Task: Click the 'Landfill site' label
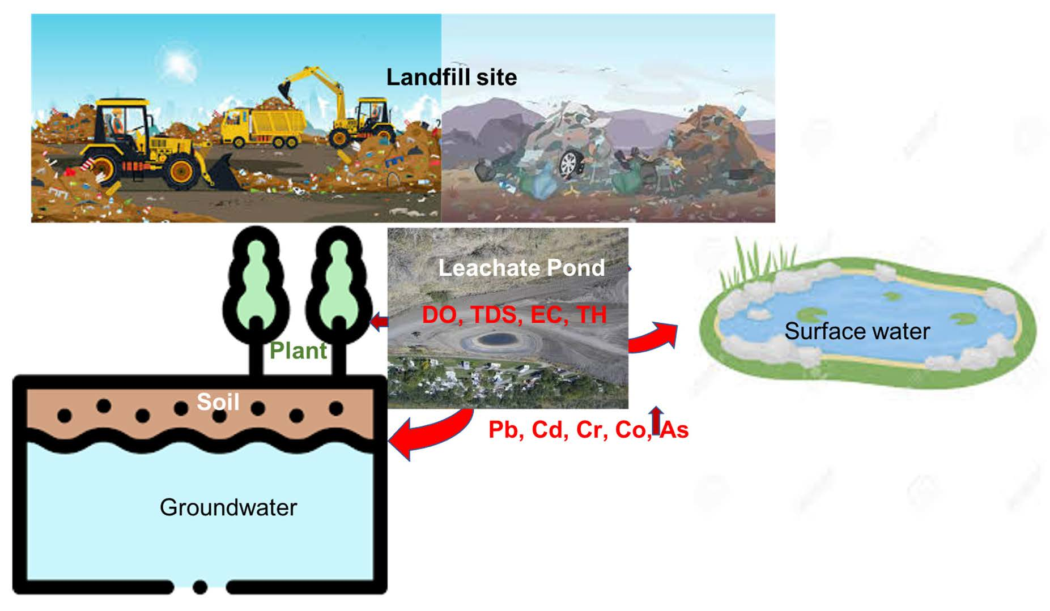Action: click(x=451, y=78)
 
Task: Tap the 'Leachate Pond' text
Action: click(x=521, y=268)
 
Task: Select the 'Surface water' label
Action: click(x=857, y=331)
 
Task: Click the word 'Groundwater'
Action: click(x=228, y=507)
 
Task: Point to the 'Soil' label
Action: click(x=218, y=402)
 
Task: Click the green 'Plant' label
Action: click(x=298, y=351)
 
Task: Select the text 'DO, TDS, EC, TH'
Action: click(x=514, y=315)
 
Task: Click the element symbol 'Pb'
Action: click(x=503, y=430)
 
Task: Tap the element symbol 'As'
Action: click(x=675, y=430)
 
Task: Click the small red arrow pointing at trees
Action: click(x=379, y=322)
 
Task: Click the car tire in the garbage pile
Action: click(x=568, y=163)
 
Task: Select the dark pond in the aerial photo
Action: click(x=494, y=339)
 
